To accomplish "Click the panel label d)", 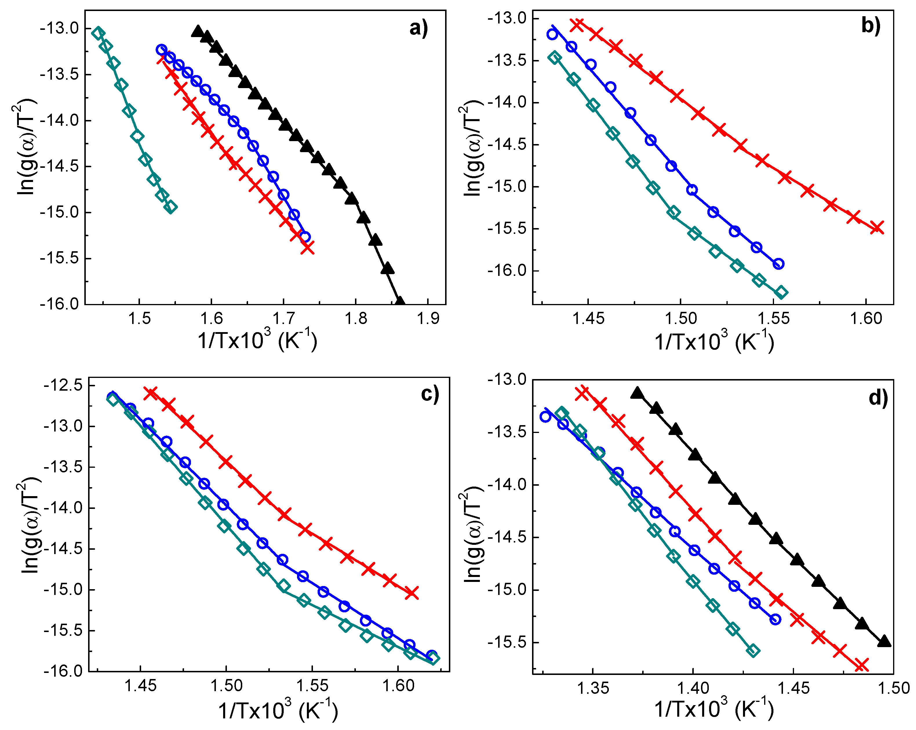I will (x=878, y=398).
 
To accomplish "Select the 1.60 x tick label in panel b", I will (x=866, y=319).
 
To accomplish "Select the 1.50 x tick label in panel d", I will (x=893, y=688).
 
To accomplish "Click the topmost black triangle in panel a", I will (x=197, y=31).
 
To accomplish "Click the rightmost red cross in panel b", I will (x=877, y=227).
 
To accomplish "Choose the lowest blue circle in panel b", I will (x=778, y=264).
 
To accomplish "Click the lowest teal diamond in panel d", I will (x=753, y=651).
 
